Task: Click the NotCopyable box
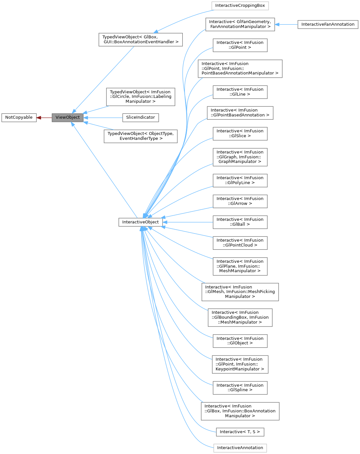[19, 117]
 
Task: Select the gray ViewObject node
[68, 117]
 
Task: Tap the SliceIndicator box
[140, 117]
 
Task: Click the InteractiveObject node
[140, 222]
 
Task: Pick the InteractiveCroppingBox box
[240, 6]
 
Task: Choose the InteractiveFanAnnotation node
[328, 24]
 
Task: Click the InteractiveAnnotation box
[240, 448]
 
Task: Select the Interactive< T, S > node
[240, 432]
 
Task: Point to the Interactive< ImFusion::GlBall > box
[240, 222]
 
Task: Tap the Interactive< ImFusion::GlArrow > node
[240, 201]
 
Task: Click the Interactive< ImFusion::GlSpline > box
[240, 388]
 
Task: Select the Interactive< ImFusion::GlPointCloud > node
[240, 243]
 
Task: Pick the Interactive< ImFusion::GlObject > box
[240, 341]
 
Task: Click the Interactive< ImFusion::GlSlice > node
[240, 134]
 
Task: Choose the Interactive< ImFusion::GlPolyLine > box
[240, 180]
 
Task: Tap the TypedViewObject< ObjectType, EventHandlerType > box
[140, 136]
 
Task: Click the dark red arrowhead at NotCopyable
[39, 117]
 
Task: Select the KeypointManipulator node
[240, 364]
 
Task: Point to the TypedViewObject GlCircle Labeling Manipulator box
[140, 97]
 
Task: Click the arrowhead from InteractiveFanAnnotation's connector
[277, 24]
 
